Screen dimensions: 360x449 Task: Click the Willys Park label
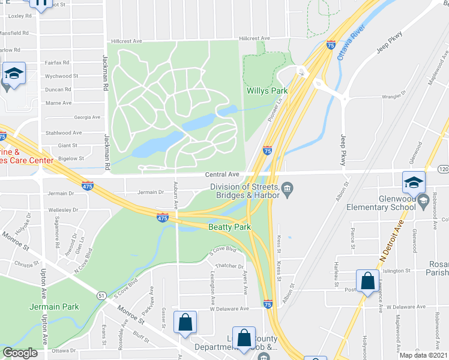pos(267,91)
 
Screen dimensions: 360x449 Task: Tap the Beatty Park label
pos(229,227)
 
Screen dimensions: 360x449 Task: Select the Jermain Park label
pos(54,307)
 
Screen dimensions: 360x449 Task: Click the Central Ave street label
pos(222,175)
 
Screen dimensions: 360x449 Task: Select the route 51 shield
pos(103,295)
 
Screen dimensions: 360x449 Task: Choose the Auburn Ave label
pos(176,195)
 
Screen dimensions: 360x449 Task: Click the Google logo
pos(20,353)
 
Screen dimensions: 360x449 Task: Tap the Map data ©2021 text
pos(424,355)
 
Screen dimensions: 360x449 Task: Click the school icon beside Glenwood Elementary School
pos(414,182)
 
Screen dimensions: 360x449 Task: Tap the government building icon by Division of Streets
pos(288,190)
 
